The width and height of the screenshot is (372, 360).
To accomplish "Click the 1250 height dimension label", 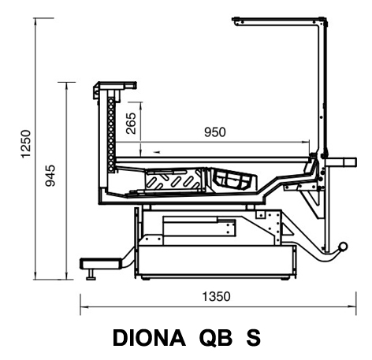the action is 26,143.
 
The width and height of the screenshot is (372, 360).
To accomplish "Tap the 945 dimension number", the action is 50,176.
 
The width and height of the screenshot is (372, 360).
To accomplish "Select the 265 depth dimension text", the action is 131,124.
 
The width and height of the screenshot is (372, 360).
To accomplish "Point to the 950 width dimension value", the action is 215,132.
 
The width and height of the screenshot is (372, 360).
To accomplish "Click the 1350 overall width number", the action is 216,296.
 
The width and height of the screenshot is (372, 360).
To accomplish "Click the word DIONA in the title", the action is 149,338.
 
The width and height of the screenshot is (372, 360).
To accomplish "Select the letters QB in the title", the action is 216,338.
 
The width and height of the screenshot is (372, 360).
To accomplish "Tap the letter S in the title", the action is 254,338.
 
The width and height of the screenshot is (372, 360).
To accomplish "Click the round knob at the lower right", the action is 343,247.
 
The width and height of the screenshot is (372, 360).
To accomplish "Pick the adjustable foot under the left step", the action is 91,274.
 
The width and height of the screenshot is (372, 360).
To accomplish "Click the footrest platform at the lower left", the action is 101,263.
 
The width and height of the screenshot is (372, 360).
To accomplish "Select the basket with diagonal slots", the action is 173,180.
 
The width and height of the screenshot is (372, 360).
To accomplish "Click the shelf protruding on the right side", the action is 341,162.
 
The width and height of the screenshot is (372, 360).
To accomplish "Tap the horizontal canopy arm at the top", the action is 278,21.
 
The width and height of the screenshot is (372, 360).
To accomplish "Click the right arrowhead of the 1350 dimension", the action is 352,306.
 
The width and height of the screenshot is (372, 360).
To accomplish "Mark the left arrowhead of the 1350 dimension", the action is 84,306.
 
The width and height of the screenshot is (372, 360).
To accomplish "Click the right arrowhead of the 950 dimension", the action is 306,143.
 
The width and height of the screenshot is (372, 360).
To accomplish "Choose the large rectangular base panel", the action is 216,260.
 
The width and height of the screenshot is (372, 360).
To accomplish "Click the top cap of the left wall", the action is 116,86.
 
